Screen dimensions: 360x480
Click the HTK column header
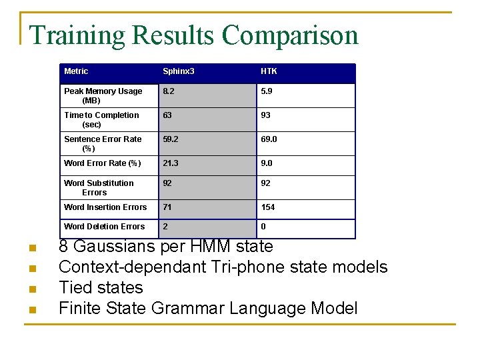coord(269,71)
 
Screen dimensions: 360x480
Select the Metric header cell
coord(76,71)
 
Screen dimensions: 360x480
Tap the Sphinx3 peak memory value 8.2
coord(169,91)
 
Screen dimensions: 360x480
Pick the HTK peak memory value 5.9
coord(267,91)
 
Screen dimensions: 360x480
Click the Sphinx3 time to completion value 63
coord(167,115)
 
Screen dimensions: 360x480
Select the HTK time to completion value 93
coord(266,115)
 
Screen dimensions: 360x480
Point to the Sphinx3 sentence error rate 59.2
coord(171,139)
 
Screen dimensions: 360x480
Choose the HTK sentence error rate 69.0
coord(269,139)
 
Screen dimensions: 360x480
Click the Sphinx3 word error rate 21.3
coord(171,163)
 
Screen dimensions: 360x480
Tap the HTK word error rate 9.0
coord(267,163)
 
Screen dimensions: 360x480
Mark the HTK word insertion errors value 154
coord(268,207)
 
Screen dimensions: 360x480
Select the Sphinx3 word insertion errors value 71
coord(167,207)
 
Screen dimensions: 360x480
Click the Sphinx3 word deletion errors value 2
coord(165,227)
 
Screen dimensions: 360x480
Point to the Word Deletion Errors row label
coord(104,227)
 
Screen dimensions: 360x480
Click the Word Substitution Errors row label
coord(98,187)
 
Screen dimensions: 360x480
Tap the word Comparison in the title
coord(290,35)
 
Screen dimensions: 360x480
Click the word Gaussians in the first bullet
coord(114,247)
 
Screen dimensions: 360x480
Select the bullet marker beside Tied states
coord(31,290)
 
